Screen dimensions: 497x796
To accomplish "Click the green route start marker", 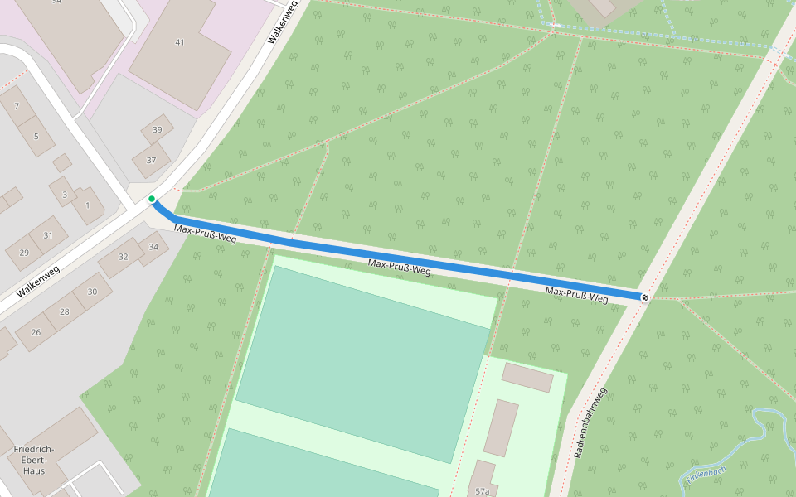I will point(152,199).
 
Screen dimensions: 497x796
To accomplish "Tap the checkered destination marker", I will point(645,297).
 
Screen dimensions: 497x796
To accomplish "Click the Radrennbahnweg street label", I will point(590,422).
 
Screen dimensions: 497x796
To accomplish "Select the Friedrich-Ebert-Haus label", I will point(34,460).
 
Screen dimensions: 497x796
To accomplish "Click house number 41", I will point(180,42).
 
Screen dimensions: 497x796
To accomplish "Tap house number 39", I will point(157,129).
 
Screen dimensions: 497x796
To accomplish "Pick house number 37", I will point(151,160).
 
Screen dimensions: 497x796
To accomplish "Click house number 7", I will point(17,106).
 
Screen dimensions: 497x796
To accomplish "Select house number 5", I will point(36,136).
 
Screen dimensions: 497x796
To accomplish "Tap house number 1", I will point(87,205).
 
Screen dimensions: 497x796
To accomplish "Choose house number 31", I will point(47,235).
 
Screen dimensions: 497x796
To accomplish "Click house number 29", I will point(24,253).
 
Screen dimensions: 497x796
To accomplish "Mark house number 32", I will point(124,257).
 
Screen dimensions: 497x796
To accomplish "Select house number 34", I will point(153,247).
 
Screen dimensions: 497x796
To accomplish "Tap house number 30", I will point(92,292).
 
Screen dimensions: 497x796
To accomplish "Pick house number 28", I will point(64,311).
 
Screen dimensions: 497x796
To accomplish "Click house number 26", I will point(36,332).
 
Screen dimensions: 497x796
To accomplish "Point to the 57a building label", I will point(482,491).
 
